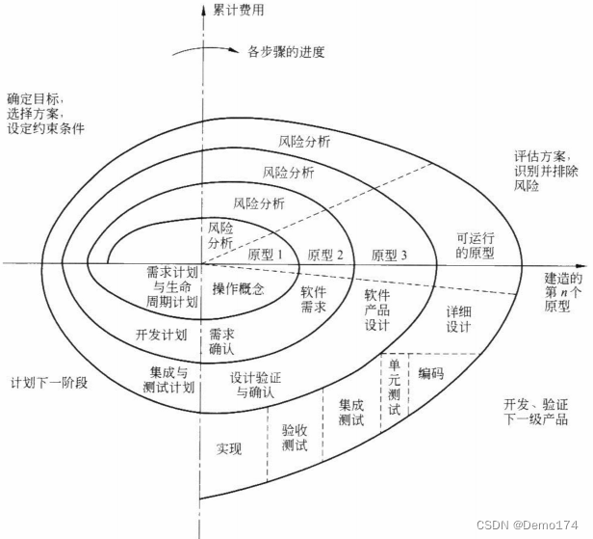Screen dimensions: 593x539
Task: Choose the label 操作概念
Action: [238, 288]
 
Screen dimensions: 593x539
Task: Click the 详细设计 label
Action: [457, 320]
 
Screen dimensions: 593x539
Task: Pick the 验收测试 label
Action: [295, 437]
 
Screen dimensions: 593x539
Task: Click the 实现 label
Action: [229, 449]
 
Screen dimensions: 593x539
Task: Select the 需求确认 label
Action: [221, 340]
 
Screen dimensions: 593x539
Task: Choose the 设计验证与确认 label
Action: [252, 385]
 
